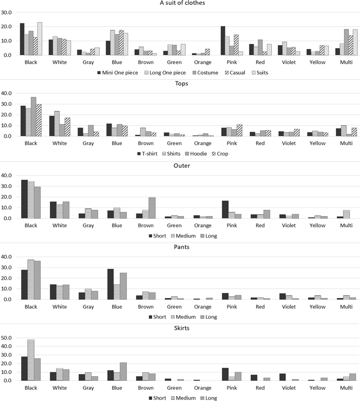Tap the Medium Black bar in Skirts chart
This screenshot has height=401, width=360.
click(31, 360)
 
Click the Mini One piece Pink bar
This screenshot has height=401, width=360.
click(223, 41)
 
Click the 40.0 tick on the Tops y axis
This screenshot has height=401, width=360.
click(9, 93)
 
